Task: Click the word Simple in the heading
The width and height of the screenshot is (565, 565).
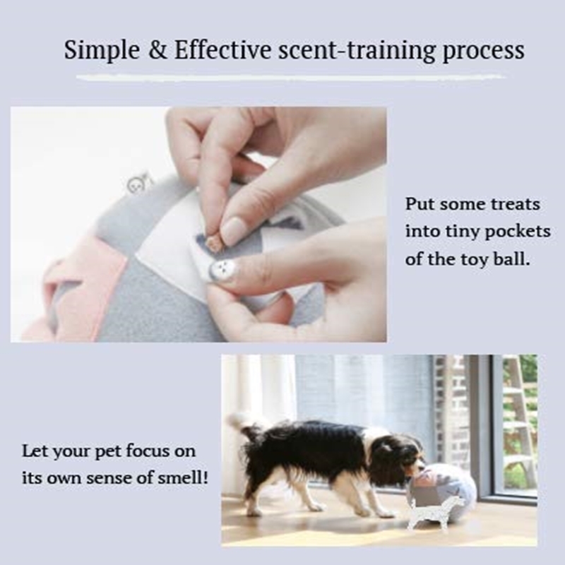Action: (102, 50)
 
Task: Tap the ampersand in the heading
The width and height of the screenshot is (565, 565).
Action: (157, 49)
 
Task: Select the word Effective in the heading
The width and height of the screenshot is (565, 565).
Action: (222, 49)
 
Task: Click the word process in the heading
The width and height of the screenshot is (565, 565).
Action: (483, 51)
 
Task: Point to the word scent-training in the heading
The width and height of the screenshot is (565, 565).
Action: (357, 50)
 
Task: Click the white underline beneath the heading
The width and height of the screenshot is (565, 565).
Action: (290, 77)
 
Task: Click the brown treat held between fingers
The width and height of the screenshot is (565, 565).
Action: (215, 242)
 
